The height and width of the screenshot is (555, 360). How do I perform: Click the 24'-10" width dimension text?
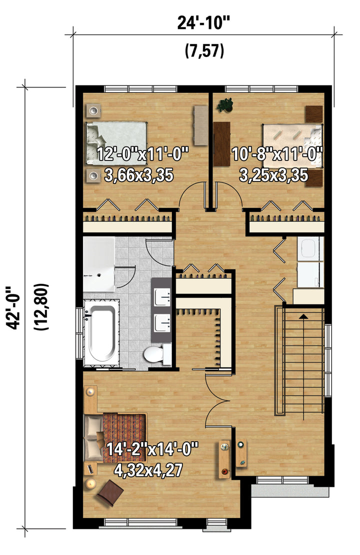203,23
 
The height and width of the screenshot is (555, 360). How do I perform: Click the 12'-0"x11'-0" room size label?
142,154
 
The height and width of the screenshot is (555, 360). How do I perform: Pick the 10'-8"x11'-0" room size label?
277,154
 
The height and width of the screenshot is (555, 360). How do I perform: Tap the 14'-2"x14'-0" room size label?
152,449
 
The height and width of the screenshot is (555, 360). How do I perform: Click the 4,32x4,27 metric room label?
148,469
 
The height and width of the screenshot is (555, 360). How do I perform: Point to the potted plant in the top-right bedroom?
224,105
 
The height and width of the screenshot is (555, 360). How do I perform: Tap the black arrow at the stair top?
303,316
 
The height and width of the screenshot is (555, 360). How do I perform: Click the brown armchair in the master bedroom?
110,493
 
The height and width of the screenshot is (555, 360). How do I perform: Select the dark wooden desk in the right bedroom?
222,143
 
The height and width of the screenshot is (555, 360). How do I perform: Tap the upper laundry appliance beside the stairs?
310,249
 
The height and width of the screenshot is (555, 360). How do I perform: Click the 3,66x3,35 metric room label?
139,175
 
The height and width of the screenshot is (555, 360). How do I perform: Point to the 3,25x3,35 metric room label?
273,175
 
